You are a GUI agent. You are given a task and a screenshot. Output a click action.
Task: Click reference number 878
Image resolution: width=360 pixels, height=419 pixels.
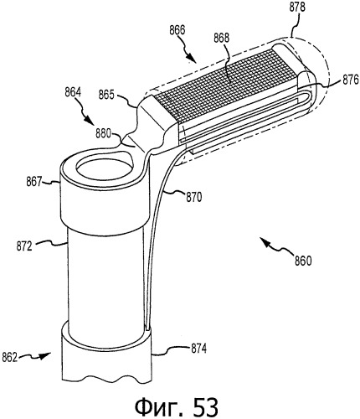tap(297, 8)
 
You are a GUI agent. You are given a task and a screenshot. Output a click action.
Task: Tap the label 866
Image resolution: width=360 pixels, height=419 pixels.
tap(177, 30)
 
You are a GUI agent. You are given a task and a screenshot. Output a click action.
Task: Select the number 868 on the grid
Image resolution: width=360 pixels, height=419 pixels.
tap(222, 38)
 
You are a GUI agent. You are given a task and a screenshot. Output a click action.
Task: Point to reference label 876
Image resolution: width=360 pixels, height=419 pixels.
tap(350, 81)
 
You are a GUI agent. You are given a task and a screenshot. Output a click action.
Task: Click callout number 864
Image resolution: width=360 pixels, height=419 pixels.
tap(73, 92)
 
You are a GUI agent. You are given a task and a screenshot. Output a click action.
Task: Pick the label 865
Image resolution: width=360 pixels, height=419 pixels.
tap(106, 96)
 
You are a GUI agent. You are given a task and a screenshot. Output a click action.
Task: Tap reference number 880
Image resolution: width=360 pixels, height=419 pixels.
tap(104, 133)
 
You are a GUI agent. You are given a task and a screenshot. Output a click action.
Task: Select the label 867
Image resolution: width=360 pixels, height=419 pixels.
tap(34, 183)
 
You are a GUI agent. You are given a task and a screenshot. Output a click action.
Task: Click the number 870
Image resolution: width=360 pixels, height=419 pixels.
tap(193, 198)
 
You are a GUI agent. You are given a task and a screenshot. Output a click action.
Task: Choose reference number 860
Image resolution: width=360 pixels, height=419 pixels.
tap(303, 261)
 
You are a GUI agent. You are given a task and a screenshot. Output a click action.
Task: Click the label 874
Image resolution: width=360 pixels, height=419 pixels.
tap(198, 349)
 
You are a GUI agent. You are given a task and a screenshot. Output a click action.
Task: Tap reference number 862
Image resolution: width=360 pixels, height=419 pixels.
tap(10, 358)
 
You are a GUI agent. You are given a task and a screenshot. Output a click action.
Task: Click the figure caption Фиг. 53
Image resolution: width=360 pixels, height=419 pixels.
tap(177, 406)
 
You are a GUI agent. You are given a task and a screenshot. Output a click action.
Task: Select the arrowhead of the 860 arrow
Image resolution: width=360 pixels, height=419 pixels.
tap(264, 241)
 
